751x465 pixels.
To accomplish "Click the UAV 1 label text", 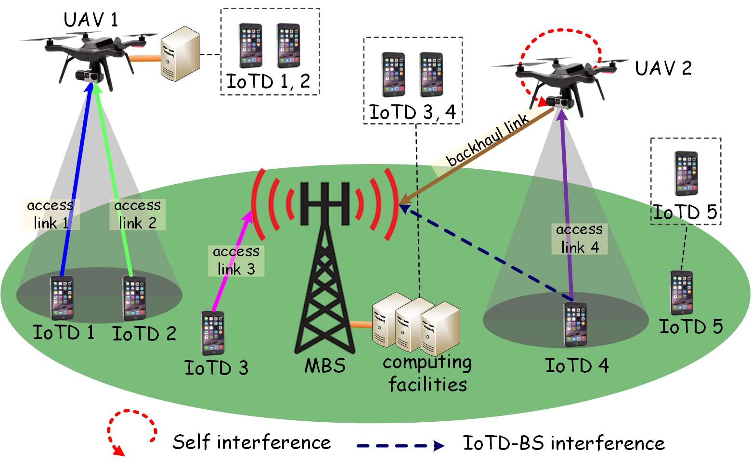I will [x=91, y=20].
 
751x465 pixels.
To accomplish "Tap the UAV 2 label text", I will [x=663, y=68].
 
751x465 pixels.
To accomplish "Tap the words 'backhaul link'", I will [x=487, y=141].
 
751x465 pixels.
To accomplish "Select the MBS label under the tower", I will [x=325, y=366].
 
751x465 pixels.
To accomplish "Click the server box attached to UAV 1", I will [x=180, y=54].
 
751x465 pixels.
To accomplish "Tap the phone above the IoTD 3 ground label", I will [x=213, y=333].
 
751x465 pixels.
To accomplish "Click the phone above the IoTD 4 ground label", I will [x=575, y=324].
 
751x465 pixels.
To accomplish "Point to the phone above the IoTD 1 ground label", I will [x=62, y=298].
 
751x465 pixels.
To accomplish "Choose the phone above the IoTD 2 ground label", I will [x=134, y=298].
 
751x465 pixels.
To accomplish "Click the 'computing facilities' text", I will [x=427, y=374].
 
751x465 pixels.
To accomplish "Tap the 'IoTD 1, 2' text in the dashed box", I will [x=268, y=81].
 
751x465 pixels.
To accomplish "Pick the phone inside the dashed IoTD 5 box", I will [x=686, y=174].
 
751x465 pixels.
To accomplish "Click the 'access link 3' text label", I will [x=236, y=261].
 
